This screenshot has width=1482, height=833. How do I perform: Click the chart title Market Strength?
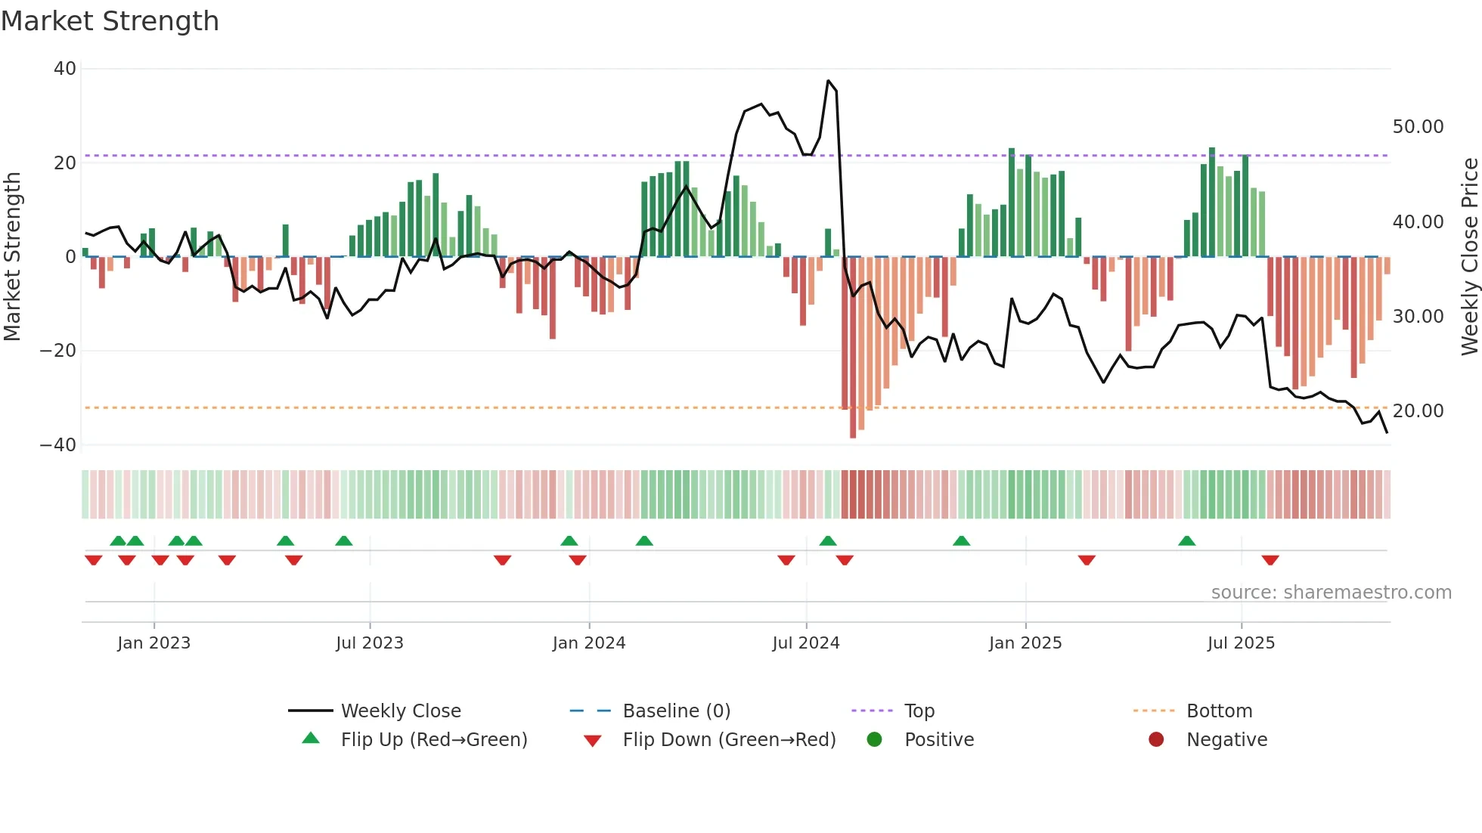tap(110, 21)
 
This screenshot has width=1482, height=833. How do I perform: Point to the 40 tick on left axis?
tap(65, 69)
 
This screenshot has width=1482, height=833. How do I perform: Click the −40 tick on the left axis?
tap(58, 445)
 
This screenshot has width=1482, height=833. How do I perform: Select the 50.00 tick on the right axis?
tap(1418, 127)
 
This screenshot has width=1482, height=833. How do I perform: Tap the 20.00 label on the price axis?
tap(1418, 411)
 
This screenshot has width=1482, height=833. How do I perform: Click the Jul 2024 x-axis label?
tap(805, 643)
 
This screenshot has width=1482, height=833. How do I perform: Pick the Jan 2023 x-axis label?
tap(153, 643)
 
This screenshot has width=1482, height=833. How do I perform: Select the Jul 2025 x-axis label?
tap(1241, 643)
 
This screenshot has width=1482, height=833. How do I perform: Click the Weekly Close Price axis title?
tap(1469, 256)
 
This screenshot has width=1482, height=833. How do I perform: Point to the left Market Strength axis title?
tap(13, 256)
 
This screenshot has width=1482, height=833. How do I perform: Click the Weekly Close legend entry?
tap(400, 711)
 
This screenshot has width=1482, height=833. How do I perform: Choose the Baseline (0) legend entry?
tap(676, 711)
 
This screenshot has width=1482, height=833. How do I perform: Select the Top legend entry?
tap(919, 711)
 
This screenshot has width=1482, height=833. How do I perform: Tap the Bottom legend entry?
tap(1219, 711)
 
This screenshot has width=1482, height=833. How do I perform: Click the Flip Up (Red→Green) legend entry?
tap(433, 740)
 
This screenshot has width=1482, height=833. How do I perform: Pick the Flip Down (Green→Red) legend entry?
tap(728, 740)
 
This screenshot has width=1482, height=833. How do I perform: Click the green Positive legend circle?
tap(875, 740)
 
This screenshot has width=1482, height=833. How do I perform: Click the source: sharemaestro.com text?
tap(1331, 593)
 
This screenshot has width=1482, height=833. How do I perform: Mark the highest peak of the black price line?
tap(828, 81)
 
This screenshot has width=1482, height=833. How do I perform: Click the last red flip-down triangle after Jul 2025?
tap(1270, 560)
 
